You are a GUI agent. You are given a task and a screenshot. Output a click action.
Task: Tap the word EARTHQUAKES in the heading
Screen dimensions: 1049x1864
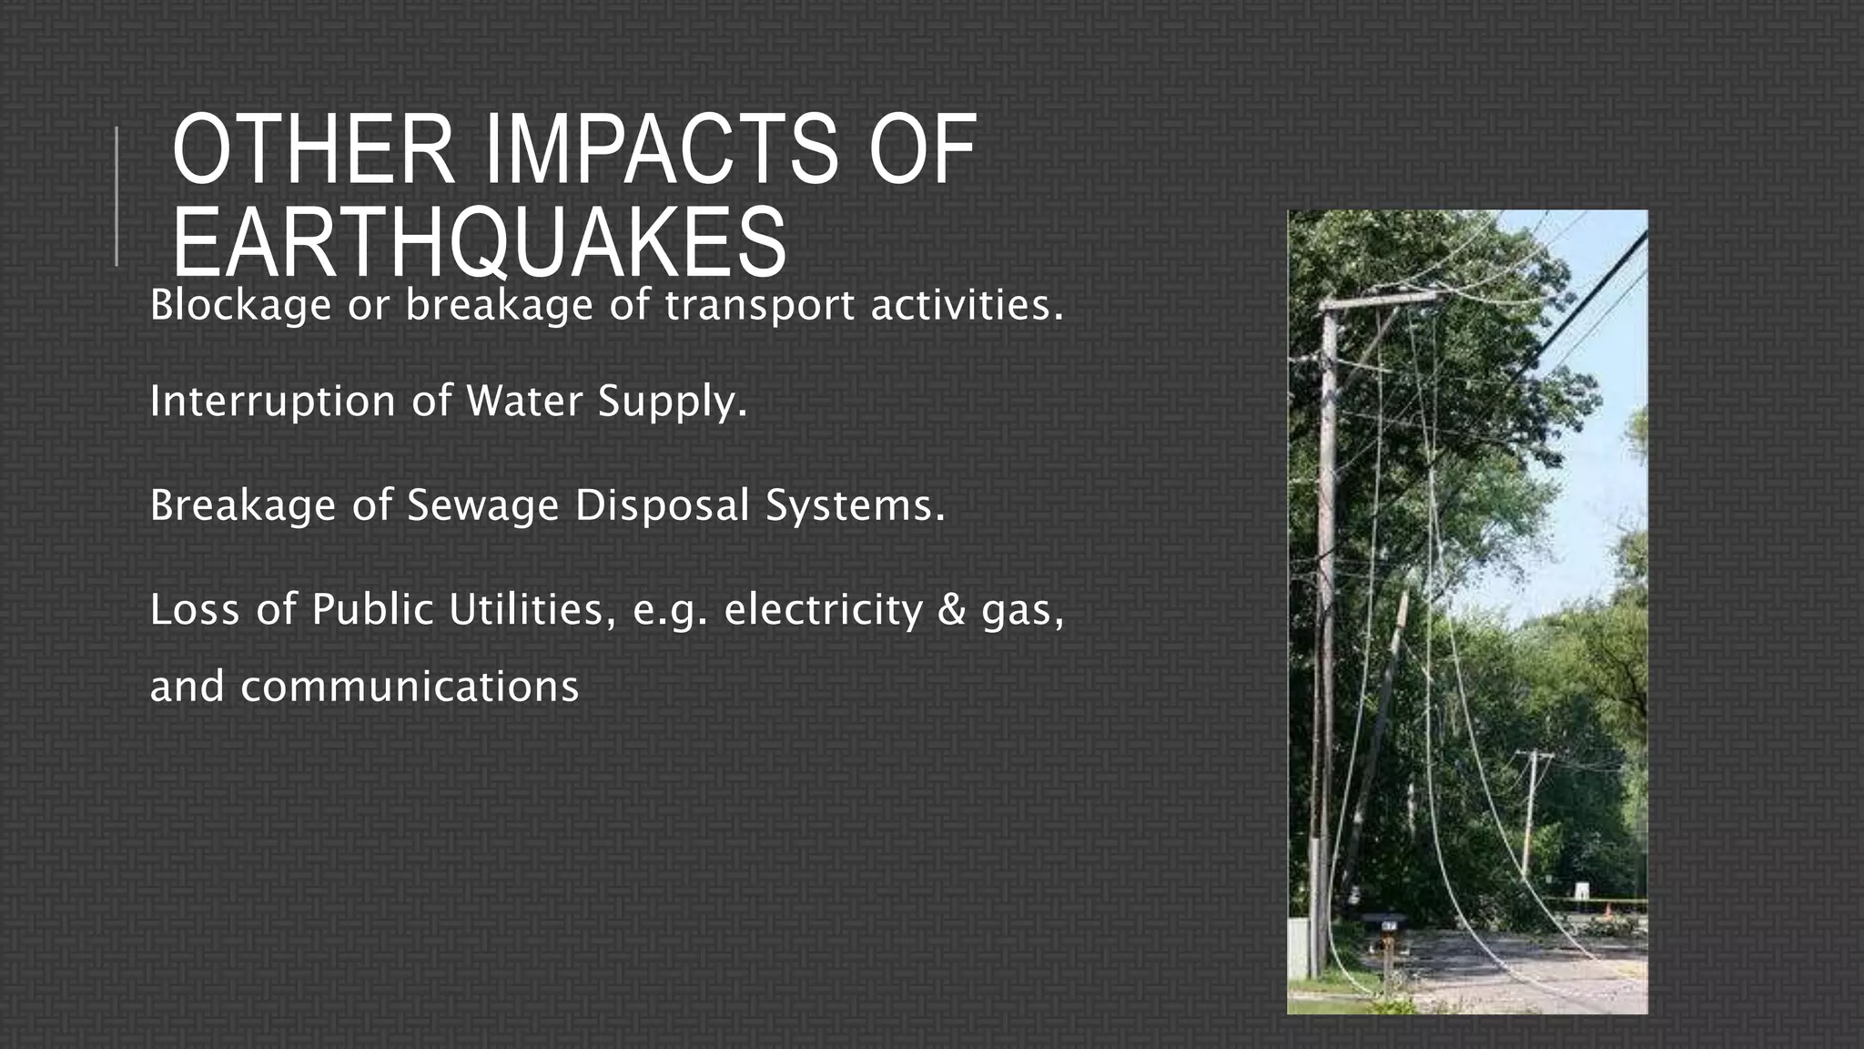479,241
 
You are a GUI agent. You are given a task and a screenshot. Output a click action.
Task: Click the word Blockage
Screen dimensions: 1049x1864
240,305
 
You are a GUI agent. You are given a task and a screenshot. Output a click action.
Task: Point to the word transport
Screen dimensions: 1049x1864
759,305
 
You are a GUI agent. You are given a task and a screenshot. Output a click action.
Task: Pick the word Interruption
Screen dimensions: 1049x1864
272,402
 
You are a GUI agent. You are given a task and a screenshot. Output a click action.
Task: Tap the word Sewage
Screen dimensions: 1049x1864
481,505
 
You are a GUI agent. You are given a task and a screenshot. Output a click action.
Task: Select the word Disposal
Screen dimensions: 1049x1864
662,505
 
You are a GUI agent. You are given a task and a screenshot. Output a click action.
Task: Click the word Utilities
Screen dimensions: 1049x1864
526,609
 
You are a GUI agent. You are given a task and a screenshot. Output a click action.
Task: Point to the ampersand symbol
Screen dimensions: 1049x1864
951,609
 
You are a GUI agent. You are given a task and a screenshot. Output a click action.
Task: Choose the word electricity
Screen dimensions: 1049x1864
823,609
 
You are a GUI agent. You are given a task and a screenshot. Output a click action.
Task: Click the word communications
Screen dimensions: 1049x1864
410,687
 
